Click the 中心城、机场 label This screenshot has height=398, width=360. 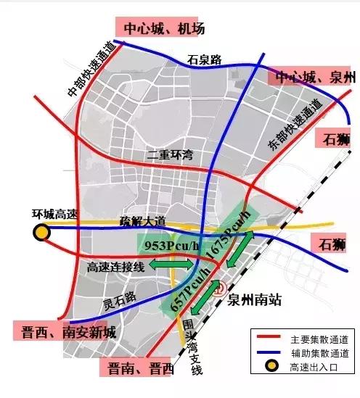164,28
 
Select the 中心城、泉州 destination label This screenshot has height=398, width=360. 313,78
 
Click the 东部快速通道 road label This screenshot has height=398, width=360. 294,123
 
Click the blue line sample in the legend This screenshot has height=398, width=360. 268,353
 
